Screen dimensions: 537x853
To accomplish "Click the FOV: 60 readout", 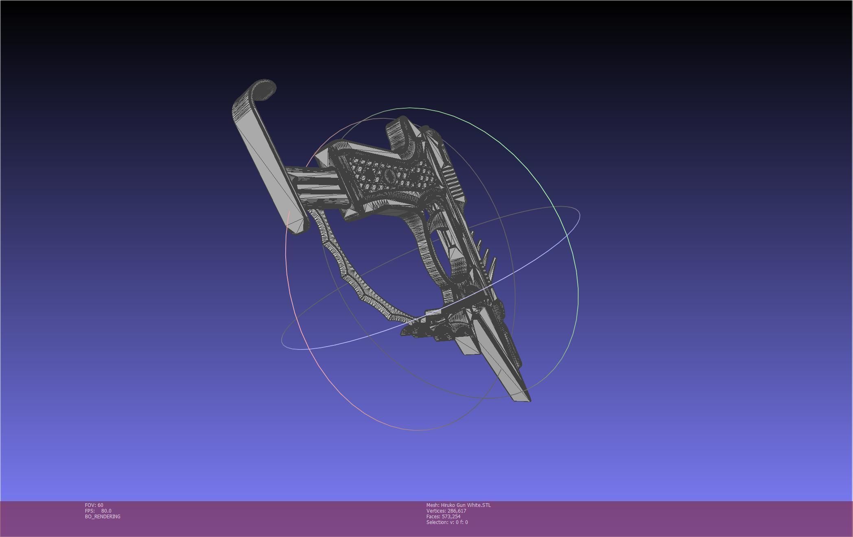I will pyautogui.click(x=94, y=505).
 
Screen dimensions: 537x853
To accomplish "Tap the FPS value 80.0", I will pyautogui.click(x=106, y=511).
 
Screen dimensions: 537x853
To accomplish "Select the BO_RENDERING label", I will pyautogui.click(x=103, y=516).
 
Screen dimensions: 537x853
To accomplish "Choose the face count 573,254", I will pyautogui.click(x=451, y=516).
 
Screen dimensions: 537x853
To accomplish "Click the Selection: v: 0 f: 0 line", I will pyautogui.click(x=447, y=522).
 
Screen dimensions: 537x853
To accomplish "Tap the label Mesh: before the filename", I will pyautogui.click(x=433, y=505).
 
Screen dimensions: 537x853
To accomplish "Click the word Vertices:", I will pyautogui.click(x=436, y=511).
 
